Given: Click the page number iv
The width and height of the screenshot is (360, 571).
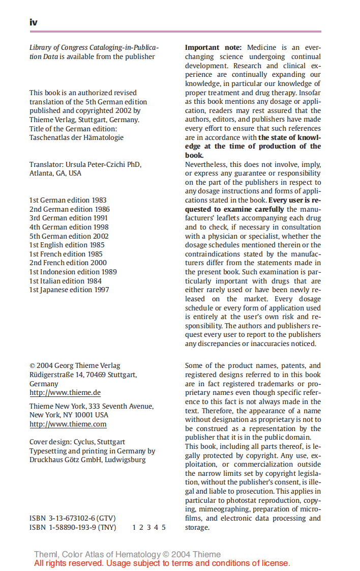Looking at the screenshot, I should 33,22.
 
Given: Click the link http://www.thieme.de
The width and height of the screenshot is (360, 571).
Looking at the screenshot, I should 65,393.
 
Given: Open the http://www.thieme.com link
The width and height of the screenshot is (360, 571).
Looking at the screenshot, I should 68,424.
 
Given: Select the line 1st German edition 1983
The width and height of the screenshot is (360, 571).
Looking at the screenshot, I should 68,200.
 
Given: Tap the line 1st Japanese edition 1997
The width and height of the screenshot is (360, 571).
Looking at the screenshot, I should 69,290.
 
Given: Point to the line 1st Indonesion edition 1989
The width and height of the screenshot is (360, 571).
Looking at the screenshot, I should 73,272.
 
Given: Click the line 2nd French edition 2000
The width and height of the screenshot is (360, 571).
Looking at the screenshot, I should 68,263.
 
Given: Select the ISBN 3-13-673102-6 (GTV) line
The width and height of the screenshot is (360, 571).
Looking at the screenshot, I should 72,519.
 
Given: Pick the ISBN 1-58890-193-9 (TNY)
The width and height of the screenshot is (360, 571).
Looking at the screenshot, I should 72,527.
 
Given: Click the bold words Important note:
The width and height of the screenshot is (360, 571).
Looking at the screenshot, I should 213,48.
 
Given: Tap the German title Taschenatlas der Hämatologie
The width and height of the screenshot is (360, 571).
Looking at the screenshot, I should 76,137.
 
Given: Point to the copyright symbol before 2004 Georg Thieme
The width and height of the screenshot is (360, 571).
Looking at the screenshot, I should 32,366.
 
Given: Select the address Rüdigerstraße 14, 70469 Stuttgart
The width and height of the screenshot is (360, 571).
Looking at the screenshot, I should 82,375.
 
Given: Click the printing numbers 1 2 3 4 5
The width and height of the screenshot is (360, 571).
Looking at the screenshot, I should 148,527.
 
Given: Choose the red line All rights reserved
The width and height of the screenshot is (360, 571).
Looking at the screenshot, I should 162,563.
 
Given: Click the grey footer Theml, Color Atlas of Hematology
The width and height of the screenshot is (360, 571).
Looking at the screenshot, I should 127,554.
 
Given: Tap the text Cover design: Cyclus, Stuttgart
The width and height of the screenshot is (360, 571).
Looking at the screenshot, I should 77,442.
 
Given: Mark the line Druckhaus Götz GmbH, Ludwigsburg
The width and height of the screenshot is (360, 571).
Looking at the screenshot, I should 87,460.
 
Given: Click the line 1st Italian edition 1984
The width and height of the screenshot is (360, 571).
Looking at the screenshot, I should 65,281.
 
